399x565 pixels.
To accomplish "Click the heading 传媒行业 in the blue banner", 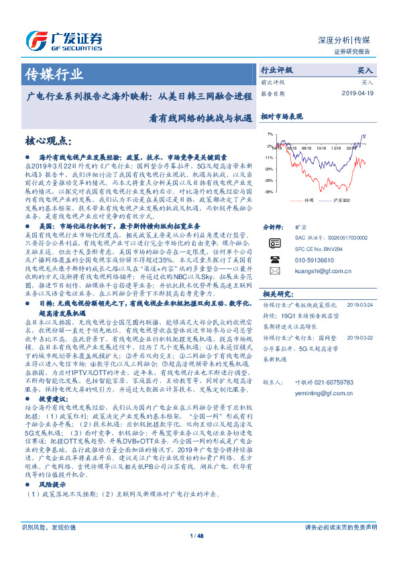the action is pyautogui.click(x=48, y=73).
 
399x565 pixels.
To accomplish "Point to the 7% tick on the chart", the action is pyautogui.click(x=269, y=134).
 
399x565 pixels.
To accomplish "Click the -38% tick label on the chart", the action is pyautogui.click(x=268, y=192).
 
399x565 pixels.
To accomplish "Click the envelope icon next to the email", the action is pyautogui.click(x=274, y=270).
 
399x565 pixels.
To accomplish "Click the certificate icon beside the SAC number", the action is pyautogui.click(x=274, y=242).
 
